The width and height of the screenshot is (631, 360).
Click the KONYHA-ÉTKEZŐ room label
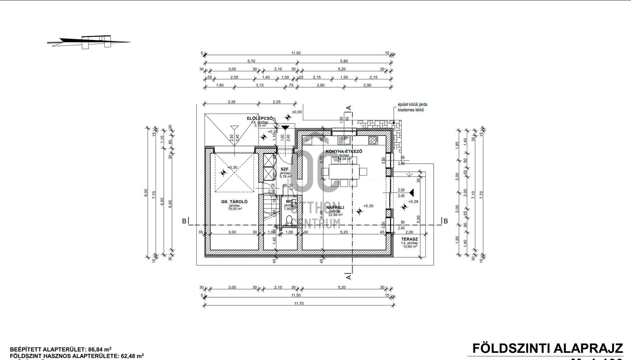[344, 152]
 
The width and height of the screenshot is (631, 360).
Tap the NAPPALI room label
[335, 208]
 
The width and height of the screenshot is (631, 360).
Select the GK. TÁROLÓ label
[234, 202]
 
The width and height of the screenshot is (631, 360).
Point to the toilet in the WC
[289, 220]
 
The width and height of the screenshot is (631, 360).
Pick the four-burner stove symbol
[373, 140]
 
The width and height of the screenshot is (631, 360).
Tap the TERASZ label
[409, 239]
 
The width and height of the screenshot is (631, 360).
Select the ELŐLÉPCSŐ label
[260, 118]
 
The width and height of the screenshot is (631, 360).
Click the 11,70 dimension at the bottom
[299, 304]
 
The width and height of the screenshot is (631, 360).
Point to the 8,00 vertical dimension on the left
[146, 193]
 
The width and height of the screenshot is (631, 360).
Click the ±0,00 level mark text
[297, 112]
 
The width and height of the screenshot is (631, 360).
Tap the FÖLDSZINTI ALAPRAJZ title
[547, 348]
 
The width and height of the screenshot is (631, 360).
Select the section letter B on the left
[184, 221]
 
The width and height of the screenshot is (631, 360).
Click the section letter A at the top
[349, 108]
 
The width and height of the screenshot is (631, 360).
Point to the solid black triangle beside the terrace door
[411, 193]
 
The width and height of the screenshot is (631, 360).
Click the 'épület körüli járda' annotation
[412, 105]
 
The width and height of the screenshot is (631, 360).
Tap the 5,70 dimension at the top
[251, 61]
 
